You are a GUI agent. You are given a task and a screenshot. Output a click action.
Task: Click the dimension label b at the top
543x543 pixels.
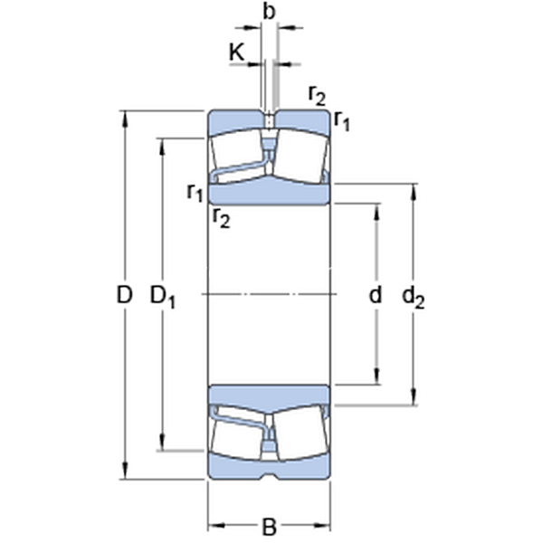tap(269, 12)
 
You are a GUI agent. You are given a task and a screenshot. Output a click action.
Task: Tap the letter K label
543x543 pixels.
tap(237, 52)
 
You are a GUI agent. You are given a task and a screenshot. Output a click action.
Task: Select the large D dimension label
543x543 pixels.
tap(124, 295)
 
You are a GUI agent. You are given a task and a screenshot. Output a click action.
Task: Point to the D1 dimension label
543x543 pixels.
tap(162, 297)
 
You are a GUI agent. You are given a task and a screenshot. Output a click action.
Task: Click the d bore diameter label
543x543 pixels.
tap(376, 295)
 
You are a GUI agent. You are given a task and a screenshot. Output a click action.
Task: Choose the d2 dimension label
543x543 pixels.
tap(414, 297)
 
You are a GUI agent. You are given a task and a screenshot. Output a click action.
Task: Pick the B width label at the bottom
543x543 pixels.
tap(269, 527)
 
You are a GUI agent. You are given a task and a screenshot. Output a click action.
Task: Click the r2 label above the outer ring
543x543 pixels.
tap(318, 96)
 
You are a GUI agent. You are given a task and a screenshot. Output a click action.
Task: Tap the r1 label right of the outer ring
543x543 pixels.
tap(342, 121)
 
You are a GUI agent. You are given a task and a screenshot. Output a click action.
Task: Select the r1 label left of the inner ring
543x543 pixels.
tap(195, 193)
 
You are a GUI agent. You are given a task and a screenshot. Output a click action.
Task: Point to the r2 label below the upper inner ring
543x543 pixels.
tap(222, 217)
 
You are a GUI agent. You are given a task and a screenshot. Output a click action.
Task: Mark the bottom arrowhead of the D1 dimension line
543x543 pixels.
tap(162, 443)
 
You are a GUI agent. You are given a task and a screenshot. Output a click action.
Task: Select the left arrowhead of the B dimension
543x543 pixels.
tap(215, 526)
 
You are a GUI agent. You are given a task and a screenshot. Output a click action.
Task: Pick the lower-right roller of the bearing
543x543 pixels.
tap(300, 433)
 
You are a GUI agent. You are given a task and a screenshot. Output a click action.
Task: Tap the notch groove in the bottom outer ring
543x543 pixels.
tap(269, 476)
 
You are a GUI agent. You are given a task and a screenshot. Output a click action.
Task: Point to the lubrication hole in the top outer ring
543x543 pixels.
tap(269, 121)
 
